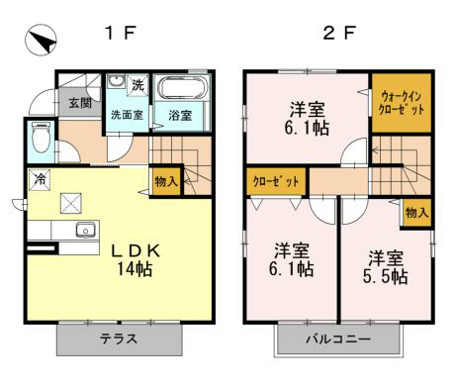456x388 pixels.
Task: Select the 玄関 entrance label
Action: point(79,102)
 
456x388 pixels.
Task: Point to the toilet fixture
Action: point(41,141)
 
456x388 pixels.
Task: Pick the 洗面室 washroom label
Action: point(127,115)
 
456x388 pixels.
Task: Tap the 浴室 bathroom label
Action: point(179,115)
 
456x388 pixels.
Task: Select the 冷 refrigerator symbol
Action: point(41,180)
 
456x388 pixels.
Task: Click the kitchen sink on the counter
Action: point(83,231)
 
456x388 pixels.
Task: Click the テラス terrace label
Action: point(119,339)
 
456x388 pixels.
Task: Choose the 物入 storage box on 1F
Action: point(165,181)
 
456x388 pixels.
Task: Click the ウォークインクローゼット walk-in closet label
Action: point(402,102)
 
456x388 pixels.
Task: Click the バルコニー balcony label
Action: point(337,340)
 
